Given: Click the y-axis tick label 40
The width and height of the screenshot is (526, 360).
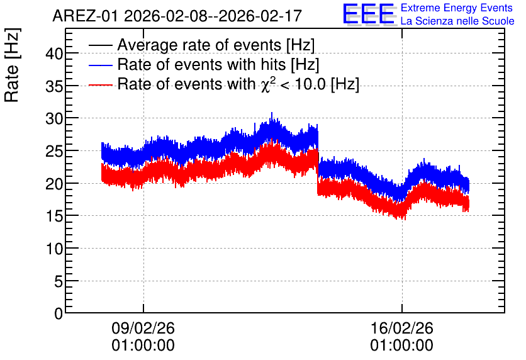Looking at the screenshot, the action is [54, 53].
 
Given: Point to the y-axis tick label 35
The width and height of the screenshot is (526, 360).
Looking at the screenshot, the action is [54, 86].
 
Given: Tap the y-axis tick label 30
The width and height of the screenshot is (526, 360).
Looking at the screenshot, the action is [54, 118].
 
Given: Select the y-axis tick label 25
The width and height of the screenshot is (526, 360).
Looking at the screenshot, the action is [54, 151].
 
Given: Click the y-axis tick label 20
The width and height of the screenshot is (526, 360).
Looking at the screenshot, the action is [54, 184].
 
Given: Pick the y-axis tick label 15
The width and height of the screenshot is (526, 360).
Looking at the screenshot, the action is [54, 216].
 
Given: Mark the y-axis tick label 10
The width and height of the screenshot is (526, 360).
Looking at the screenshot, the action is [54, 249].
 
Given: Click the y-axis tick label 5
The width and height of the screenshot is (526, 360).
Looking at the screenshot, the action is [59, 281].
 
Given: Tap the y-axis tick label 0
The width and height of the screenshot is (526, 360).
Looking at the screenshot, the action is [59, 313].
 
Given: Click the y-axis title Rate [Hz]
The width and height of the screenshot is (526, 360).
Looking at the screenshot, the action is [12, 65].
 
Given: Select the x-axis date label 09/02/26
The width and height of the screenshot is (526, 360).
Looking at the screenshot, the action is [143, 328].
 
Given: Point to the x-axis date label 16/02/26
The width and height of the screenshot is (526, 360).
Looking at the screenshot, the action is [402, 328].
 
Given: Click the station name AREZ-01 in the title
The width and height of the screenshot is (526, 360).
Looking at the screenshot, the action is [85, 16].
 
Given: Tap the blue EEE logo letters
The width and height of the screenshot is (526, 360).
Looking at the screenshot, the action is [369, 14].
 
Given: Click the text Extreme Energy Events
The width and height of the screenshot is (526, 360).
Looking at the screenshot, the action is [457, 8].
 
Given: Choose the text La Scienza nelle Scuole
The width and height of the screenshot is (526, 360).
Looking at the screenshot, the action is [457, 21].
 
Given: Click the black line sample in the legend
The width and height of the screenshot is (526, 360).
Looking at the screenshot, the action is [100, 45].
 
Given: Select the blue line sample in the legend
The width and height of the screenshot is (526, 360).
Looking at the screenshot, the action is [100, 65].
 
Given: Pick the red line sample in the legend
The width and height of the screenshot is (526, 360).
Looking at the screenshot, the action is [100, 85].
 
